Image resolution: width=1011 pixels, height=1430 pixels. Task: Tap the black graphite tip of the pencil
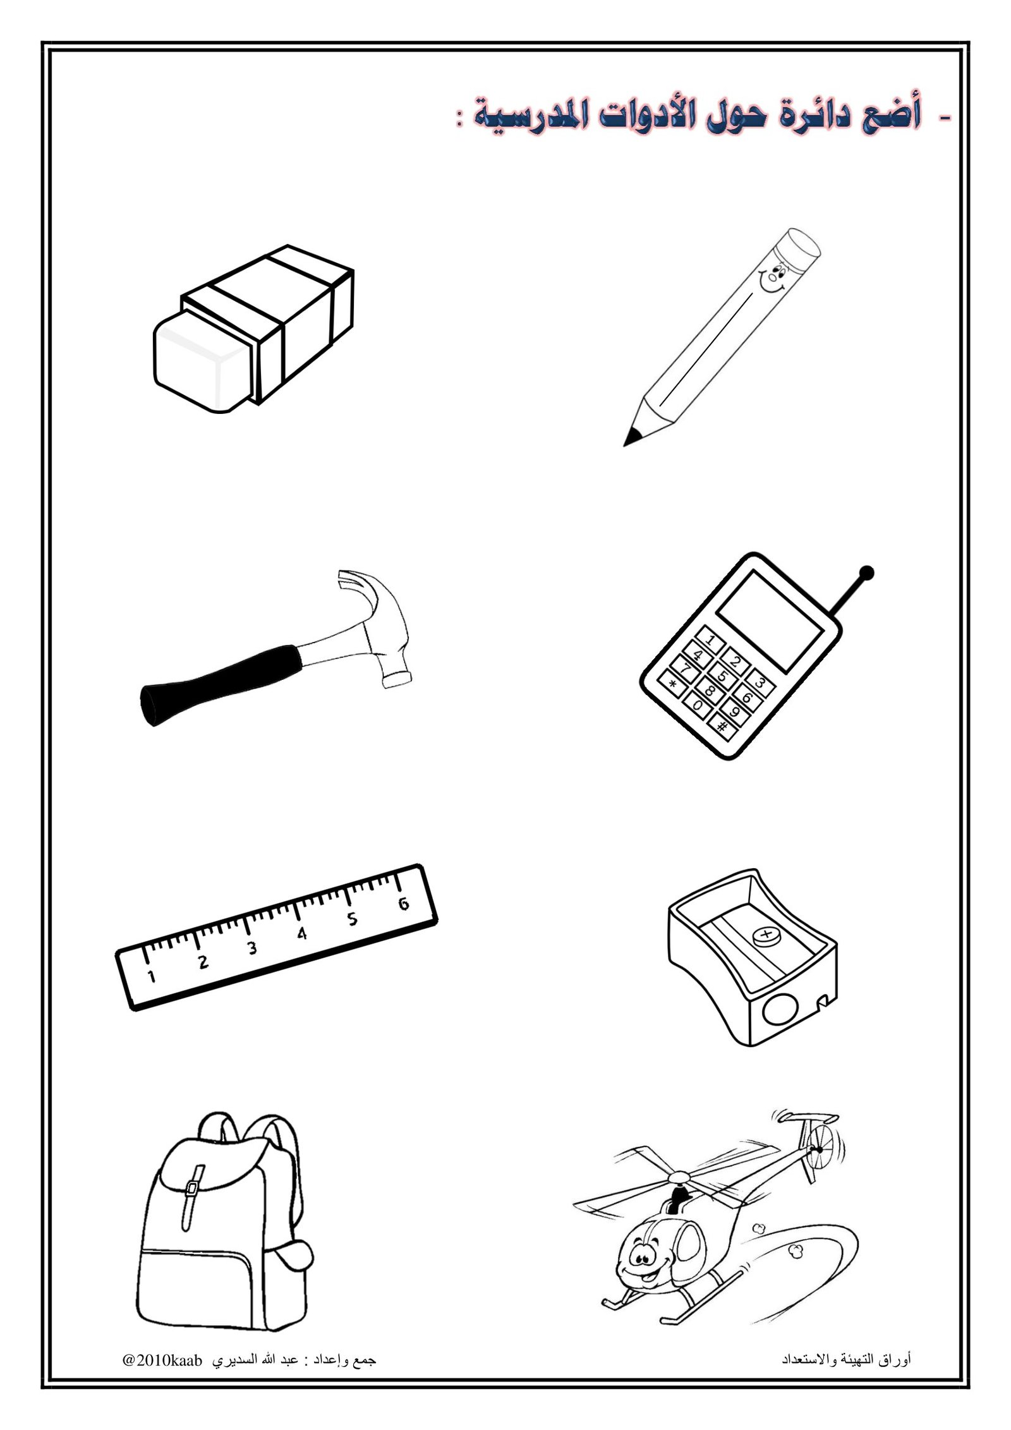pyautogui.click(x=631, y=437)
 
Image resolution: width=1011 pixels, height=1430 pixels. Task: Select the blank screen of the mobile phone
pyautogui.click(x=770, y=621)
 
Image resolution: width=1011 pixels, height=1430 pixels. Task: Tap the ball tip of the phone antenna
pyautogui.click(x=868, y=573)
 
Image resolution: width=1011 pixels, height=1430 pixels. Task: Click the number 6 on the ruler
pyautogui.click(x=403, y=903)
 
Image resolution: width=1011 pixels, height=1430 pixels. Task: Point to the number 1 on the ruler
pyautogui.click(x=151, y=976)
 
